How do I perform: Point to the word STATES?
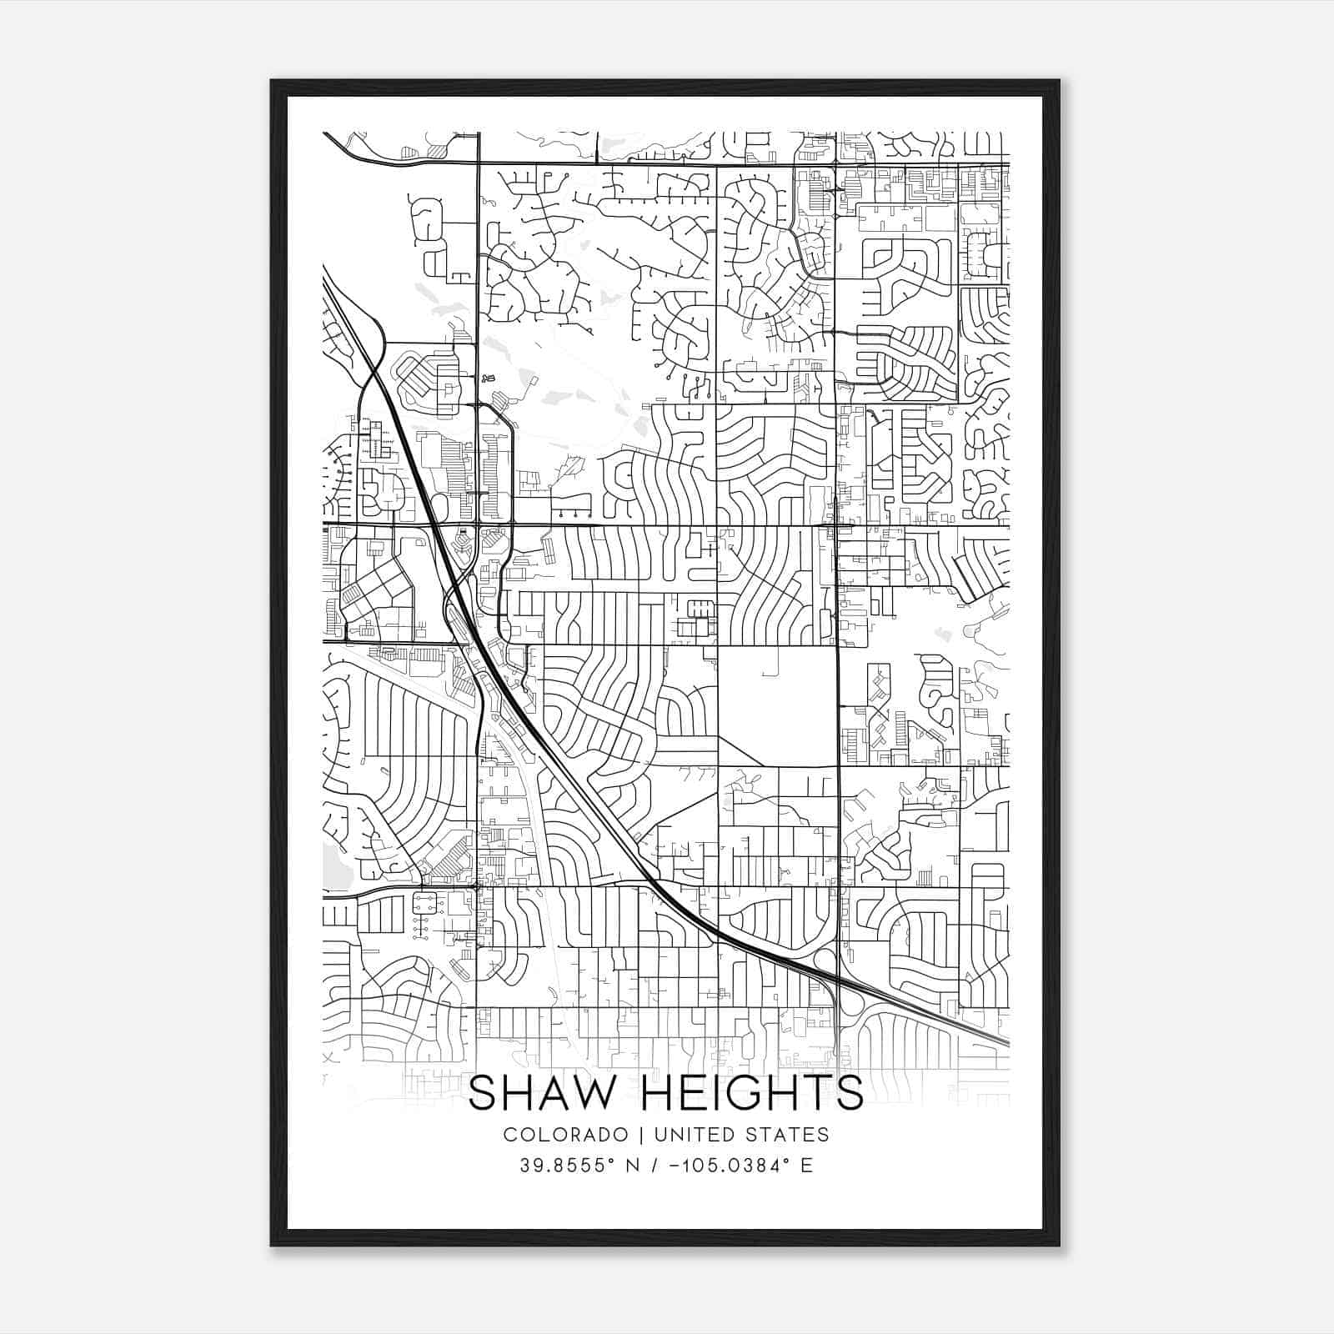[x=789, y=1135]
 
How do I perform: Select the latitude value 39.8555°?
[x=567, y=1166]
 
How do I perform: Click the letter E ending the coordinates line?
[x=806, y=1166]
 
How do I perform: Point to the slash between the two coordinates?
[x=661, y=1166]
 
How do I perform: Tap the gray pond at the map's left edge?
[x=336, y=867]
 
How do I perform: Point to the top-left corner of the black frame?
[x=272, y=81]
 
